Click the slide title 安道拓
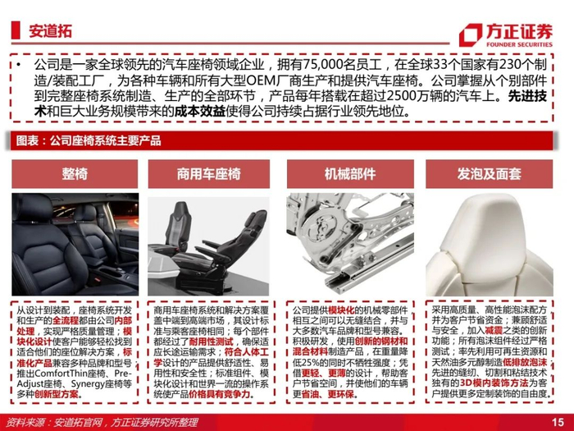pos(51,31)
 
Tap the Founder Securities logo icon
pos(471,35)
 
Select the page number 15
pos(558,422)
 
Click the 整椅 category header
pos(75,174)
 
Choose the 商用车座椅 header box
pos(208,174)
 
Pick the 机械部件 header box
pos(350,174)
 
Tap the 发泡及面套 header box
pos(489,174)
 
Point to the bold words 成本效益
pos(199,111)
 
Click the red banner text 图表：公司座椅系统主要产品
pos(89,140)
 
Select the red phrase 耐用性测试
pos(212,342)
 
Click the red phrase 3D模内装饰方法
pos(494,383)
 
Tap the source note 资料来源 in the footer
pos(25,423)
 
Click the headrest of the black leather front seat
pos(32,207)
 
